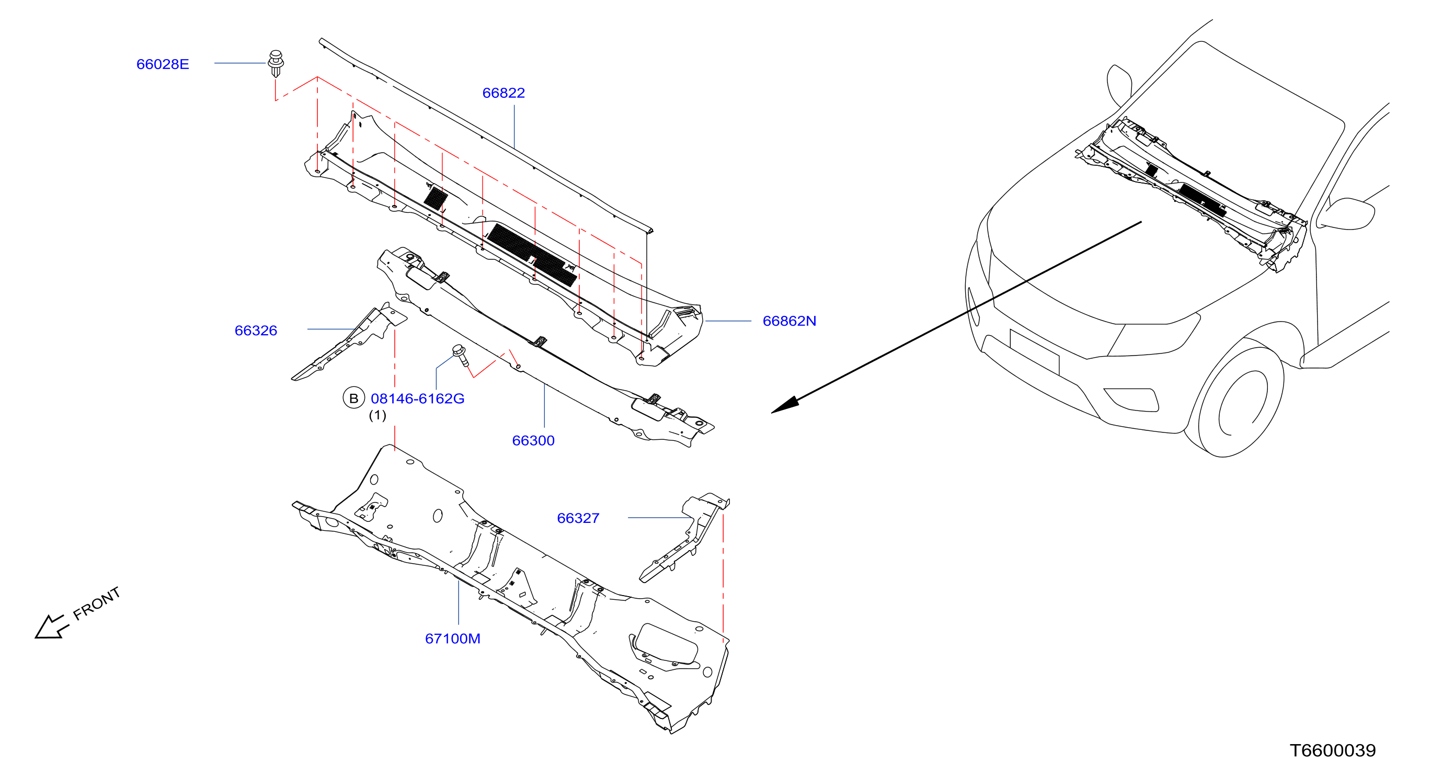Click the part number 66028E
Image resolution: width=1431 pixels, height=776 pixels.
coord(162,64)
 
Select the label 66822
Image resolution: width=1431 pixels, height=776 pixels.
coord(503,93)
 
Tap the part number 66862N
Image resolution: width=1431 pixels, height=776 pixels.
coord(789,321)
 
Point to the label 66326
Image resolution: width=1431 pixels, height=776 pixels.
coord(256,330)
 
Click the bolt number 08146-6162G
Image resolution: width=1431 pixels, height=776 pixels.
coord(417,399)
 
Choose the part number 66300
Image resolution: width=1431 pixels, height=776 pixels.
coord(533,440)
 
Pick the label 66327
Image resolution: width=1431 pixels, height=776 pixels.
coord(578,518)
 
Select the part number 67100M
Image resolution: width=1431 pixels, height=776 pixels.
coord(453,639)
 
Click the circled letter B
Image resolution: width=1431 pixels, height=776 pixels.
coord(353,398)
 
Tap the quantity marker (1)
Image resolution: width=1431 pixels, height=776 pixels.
coord(377,415)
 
